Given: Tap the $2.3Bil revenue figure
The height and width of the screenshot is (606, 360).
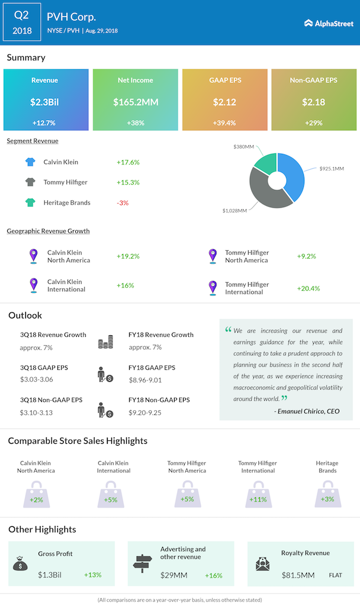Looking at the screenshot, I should tap(45, 102).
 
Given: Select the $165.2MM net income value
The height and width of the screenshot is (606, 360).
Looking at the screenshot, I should tap(136, 102).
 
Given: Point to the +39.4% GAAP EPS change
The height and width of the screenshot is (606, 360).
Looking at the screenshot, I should tap(225, 123).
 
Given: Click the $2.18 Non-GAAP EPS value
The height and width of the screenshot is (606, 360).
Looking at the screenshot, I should tap(314, 102).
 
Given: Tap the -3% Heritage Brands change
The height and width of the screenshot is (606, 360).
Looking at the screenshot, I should tap(123, 202).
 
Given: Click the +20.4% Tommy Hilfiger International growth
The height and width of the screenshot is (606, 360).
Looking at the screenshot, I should tap(308, 288).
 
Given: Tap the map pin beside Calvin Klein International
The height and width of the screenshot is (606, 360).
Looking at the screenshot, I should tap(34, 285).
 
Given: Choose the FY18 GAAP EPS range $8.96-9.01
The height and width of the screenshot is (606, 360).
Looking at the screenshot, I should tap(145, 379).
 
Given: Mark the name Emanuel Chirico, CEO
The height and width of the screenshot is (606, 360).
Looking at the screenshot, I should tap(307, 411).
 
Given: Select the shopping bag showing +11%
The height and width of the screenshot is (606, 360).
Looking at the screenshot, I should tap(257, 494).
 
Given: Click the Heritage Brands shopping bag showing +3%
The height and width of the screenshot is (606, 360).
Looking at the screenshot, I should tap(327, 494).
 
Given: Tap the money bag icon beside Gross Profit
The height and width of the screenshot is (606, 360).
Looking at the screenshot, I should tap(20, 563).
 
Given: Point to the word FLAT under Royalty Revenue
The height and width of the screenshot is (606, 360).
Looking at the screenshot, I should tap(335, 575).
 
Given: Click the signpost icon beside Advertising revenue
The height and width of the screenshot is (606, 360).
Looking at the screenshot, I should tap(143, 563).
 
